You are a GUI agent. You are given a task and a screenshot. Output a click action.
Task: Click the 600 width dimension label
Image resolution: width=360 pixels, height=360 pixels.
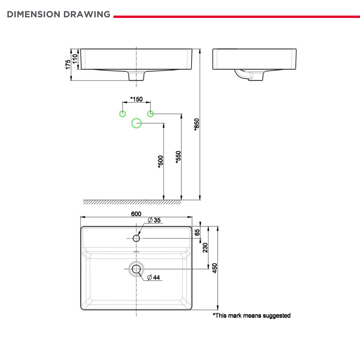pos(136,214)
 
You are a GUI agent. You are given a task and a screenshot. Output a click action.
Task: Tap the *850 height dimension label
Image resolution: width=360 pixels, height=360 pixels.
pos(197,125)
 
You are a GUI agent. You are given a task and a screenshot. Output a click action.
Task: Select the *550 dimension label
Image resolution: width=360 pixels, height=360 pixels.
pos(178,157)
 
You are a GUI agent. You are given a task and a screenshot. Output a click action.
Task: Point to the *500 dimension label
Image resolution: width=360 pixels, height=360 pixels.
pos(161,162)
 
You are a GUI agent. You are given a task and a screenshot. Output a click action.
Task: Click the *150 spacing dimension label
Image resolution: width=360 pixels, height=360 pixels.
pos(136,99)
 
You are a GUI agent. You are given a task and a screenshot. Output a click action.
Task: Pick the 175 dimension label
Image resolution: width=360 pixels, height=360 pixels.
pos(68,64)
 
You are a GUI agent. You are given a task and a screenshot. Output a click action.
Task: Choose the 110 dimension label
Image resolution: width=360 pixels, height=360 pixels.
pos(75,59)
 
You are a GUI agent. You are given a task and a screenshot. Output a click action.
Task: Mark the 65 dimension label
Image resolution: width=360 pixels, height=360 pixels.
pos(197,232)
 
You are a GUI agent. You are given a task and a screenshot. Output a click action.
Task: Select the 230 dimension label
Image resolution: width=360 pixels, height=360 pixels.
pos(205,248)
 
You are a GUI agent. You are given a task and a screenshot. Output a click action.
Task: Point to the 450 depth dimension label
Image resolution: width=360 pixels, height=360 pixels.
pos(215,268)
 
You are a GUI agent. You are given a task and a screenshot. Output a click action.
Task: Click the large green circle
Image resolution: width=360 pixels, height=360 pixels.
pos(137,123)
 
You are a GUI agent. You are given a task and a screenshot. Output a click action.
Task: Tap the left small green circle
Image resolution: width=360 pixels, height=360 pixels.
pos(123,114)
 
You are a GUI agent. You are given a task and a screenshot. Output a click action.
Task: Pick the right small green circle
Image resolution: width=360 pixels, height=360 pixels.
pos(151,114)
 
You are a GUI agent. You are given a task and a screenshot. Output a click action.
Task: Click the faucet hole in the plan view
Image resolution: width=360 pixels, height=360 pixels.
pos(136,238)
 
